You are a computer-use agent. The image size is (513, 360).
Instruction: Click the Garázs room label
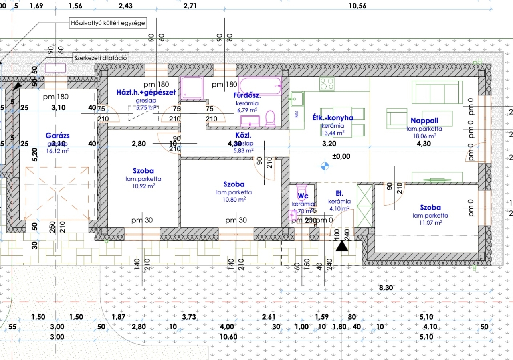[57, 136]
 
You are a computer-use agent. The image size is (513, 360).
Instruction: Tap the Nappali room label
[424, 121]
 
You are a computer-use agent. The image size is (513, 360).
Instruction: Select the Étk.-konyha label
[333, 118]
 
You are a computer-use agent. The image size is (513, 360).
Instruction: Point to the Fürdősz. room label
[247, 95]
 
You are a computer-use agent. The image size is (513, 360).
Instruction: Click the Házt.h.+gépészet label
[146, 92]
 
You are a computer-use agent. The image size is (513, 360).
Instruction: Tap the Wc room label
[303, 196]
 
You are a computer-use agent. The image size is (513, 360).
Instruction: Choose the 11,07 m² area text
[430, 222]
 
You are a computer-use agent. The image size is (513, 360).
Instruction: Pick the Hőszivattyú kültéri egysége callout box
[107, 23]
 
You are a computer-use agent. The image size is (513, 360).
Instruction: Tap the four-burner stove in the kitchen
[327, 84]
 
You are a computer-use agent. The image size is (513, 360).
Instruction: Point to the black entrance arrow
[341, 246]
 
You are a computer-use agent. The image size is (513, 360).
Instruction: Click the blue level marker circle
[325, 165]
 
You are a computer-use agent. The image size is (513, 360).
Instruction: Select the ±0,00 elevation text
[341, 156]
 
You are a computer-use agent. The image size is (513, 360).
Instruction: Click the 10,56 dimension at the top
[357, 6]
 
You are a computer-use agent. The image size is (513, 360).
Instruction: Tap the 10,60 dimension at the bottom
[229, 337]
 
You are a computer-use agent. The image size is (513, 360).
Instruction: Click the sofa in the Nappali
[437, 92]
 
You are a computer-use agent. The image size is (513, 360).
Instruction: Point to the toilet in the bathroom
[270, 118]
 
